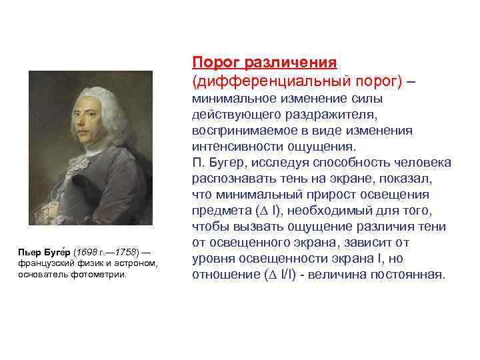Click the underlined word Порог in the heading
216,63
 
